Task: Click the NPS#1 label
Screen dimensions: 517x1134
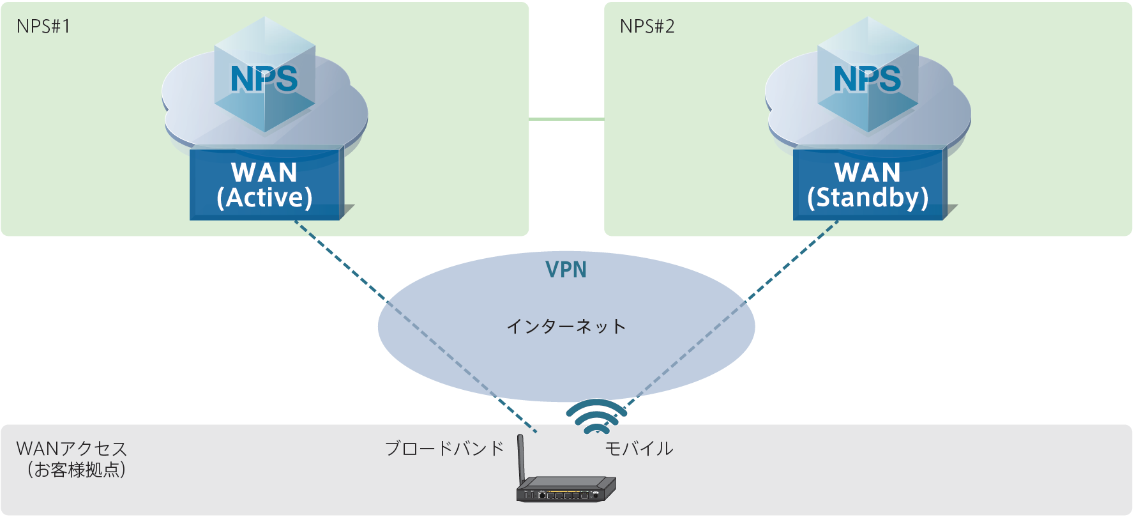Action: (43, 26)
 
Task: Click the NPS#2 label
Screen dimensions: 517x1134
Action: (647, 26)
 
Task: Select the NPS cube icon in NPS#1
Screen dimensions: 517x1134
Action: (264, 77)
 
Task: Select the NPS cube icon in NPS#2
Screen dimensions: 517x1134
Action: (868, 77)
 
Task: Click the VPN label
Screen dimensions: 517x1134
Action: (566, 270)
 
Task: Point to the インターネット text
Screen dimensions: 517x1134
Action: (566, 327)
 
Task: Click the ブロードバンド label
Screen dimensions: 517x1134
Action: (444, 449)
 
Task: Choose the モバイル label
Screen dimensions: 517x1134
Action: (639, 449)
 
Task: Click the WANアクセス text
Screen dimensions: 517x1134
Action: (72, 449)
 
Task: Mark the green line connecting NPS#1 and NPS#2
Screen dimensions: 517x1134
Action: (566, 119)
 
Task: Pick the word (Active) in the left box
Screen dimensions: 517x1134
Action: (264, 197)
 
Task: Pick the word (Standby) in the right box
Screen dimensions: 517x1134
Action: (868, 197)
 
